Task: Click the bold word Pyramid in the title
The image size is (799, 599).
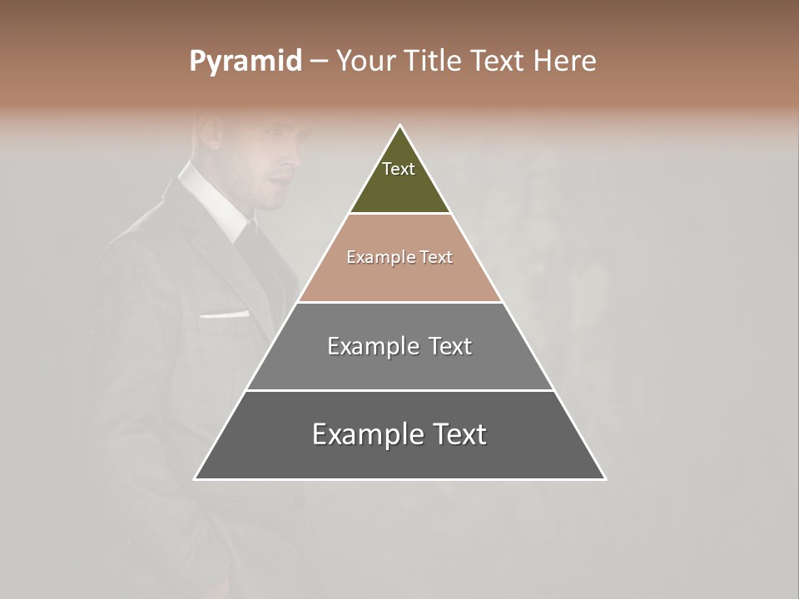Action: (x=245, y=62)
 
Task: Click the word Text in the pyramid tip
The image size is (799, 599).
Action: (x=399, y=169)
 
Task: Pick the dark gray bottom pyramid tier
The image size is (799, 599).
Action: (x=399, y=458)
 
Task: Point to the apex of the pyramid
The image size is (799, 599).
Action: (x=400, y=126)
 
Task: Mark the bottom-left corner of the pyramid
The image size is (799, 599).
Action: (x=196, y=478)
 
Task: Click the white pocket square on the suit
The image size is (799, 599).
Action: (x=224, y=315)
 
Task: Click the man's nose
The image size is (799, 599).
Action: (x=296, y=158)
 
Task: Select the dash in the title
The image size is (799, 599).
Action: (x=319, y=62)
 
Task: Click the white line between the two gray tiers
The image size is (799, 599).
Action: (x=399, y=390)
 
